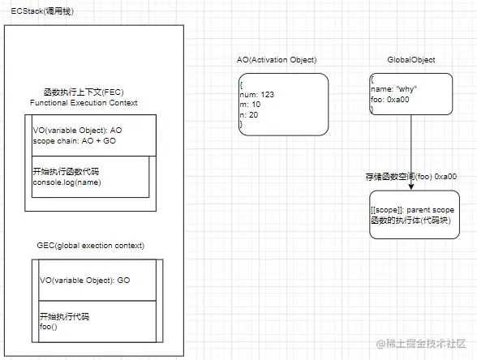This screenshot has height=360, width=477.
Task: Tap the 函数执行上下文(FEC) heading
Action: click(x=83, y=93)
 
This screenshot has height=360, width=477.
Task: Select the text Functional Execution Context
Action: click(x=84, y=103)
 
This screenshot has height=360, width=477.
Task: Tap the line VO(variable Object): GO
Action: click(x=84, y=280)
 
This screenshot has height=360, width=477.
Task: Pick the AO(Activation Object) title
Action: click(x=277, y=60)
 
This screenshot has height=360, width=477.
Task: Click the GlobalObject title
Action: click(x=411, y=60)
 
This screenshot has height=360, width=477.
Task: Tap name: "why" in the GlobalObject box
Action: click(x=395, y=90)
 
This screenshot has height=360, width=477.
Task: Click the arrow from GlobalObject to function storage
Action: click(x=412, y=146)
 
